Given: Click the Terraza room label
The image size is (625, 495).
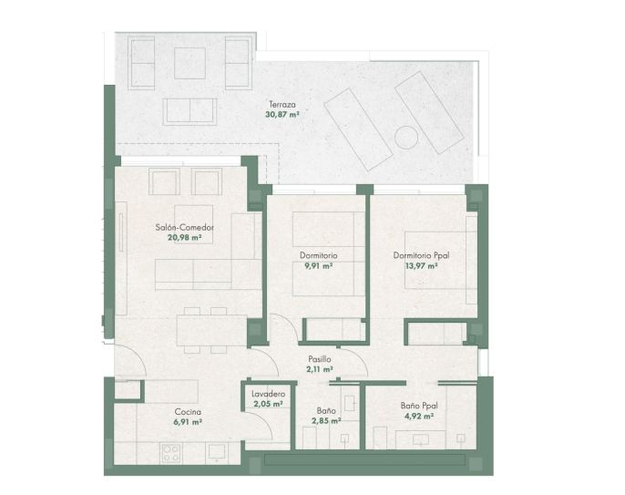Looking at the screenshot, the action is (282, 105).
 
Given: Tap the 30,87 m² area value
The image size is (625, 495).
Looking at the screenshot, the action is (282, 115).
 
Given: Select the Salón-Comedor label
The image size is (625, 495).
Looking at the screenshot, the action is (185, 228).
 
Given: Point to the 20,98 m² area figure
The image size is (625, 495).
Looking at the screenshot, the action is (185, 238).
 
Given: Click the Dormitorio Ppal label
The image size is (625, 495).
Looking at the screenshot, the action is (421, 255).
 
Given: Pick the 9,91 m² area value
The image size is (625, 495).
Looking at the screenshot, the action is (319, 265).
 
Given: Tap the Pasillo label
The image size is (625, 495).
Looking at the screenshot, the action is (320, 359).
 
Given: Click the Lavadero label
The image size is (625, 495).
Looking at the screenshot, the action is (268, 394).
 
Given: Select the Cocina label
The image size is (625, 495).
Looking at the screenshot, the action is (188, 412).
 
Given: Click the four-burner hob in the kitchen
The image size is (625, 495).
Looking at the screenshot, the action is (171, 453).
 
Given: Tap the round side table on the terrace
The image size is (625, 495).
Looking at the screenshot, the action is (406, 138).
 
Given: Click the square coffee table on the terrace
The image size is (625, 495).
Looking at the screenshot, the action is (190, 64).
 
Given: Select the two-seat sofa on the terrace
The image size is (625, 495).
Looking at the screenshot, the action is (190, 112).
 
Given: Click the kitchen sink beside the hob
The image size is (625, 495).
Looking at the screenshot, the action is (217, 453).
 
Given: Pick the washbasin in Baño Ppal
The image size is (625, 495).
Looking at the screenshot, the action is (421, 439).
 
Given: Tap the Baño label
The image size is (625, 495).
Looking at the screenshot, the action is (326, 410).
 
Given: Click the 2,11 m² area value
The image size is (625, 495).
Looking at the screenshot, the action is (320, 369).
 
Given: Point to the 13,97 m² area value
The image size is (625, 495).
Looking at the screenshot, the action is (421, 265).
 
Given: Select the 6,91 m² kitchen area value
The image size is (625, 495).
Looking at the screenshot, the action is (188, 422).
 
